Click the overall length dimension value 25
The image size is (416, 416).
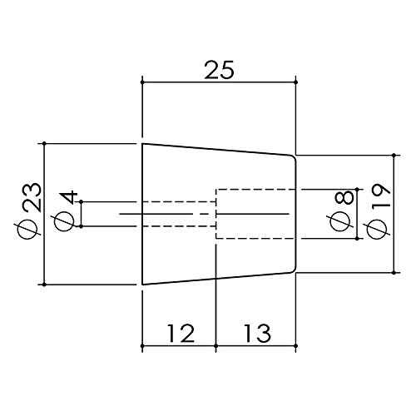219,70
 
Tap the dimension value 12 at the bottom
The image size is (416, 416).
181,333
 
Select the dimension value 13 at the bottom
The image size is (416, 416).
257,333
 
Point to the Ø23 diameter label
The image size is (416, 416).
32,210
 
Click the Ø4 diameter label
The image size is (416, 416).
65,210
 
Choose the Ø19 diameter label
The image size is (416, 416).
378,211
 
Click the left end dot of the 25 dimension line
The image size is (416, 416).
142,82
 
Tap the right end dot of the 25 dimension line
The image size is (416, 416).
295,82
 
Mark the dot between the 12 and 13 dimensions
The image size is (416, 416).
216,346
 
